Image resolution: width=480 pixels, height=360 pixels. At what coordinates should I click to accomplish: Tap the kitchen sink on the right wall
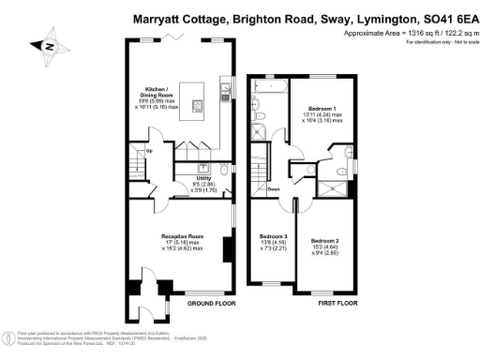tap(226, 92)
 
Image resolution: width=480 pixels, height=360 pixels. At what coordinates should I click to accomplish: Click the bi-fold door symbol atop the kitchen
tap(169, 37)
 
